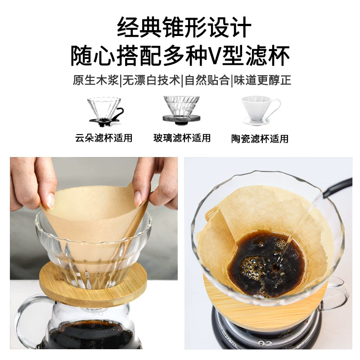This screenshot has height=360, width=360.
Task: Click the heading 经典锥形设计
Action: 184,27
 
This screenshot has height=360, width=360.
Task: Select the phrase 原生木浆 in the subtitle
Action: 96,80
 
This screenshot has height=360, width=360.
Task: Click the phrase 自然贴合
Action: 207,80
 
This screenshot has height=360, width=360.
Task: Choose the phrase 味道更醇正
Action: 263,80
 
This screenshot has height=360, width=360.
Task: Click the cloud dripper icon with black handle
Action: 106,112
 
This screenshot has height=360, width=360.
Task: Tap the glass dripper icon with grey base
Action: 181,110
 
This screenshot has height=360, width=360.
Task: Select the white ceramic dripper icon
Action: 261,111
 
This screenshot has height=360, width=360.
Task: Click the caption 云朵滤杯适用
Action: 104,138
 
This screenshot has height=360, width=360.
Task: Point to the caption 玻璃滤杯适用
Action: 182,138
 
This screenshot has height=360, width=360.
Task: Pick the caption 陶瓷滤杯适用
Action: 260,139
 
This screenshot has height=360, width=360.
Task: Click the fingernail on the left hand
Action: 50,200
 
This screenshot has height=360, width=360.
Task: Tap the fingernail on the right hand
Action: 138,198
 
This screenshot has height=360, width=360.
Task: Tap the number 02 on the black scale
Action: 265,343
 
